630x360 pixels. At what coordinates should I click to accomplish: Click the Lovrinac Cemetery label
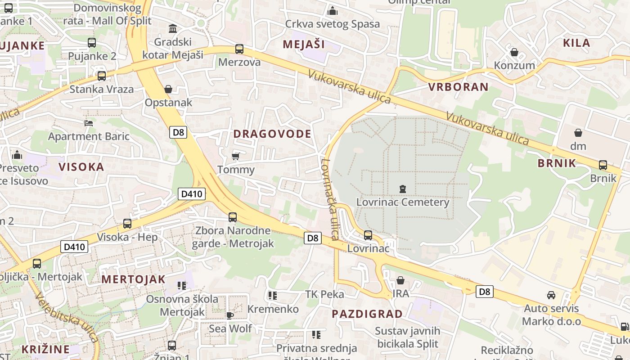click(x=403, y=202)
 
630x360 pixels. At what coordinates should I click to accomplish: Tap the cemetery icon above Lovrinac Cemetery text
click(x=403, y=189)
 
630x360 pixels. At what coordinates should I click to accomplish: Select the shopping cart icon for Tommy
click(x=235, y=157)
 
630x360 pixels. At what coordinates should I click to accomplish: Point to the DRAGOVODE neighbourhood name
click(x=272, y=134)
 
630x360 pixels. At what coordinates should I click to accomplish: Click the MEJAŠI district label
click(x=304, y=44)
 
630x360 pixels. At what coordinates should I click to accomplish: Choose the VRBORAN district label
click(x=459, y=87)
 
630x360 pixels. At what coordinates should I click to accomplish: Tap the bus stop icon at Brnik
click(x=603, y=165)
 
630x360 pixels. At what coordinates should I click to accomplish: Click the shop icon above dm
click(x=578, y=133)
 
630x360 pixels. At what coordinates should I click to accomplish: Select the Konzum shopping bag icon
click(x=514, y=52)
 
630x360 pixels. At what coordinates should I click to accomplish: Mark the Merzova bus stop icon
click(x=239, y=49)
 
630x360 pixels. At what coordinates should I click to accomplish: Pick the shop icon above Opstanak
click(x=168, y=89)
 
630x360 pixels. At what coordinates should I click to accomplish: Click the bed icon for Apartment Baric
click(x=89, y=123)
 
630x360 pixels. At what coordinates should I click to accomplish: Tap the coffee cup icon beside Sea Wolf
click(x=229, y=315)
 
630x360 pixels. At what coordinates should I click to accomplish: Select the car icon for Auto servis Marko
click(x=551, y=295)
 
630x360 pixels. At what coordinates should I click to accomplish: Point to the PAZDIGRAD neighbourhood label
click(x=367, y=314)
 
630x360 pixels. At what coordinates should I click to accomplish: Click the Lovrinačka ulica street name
click(x=329, y=198)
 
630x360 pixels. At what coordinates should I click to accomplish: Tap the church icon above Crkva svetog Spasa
click(x=333, y=11)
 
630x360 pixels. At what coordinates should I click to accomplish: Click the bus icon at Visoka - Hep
click(x=127, y=224)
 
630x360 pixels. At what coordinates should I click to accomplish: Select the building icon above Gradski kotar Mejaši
click(x=172, y=29)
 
